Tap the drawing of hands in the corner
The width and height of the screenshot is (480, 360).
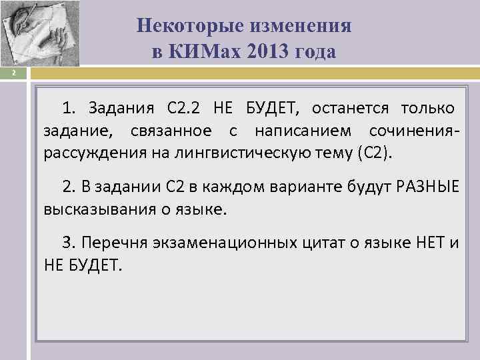click(x=40, y=33)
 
